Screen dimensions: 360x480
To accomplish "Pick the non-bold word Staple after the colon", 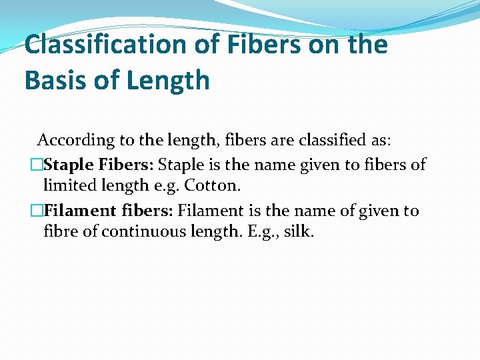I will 182,165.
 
